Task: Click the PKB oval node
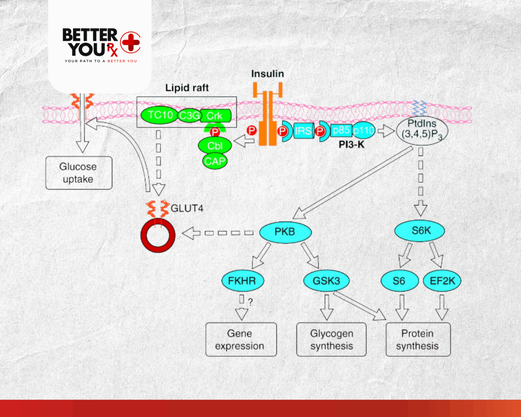pyautogui.click(x=285, y=232)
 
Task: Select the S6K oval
pyautogui.click(x=420, y=231)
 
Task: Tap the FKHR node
pyautogui.click(x=243, y=281)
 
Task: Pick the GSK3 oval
pyautogui.click(x=326, y=281)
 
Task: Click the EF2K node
pyautogui.click(x=442, y=281)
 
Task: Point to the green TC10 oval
pyautogui.click(x=159, y=115)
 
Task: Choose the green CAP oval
pyautogui.click(x=215, y=161)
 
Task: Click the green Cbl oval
pyautogui.click(x=215, y=146)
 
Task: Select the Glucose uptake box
pyautogui.click(x=79, y=173)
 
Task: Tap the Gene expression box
pyautogui.click(x=241, y=339)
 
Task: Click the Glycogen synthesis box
pyautogui.click(x=331, y=339)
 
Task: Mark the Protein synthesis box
pyautogui.click(x=418, y=339)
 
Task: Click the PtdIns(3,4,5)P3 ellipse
pyautogui.click(x=422, y=131)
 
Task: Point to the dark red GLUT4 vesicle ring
pyautogui.click(x=158, y=235)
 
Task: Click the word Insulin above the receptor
pyautogui.click(x=267, y=74)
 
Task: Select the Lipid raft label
pyautogui.click(x=187, y=88)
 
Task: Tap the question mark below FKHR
pyautogui.click(x=250, y=302)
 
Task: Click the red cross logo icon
pyautogui.click(x=130, y=42)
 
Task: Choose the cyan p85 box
pyautogui.click(x=341, y=130)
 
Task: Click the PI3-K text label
pyautogui.click(x=351, y=145)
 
